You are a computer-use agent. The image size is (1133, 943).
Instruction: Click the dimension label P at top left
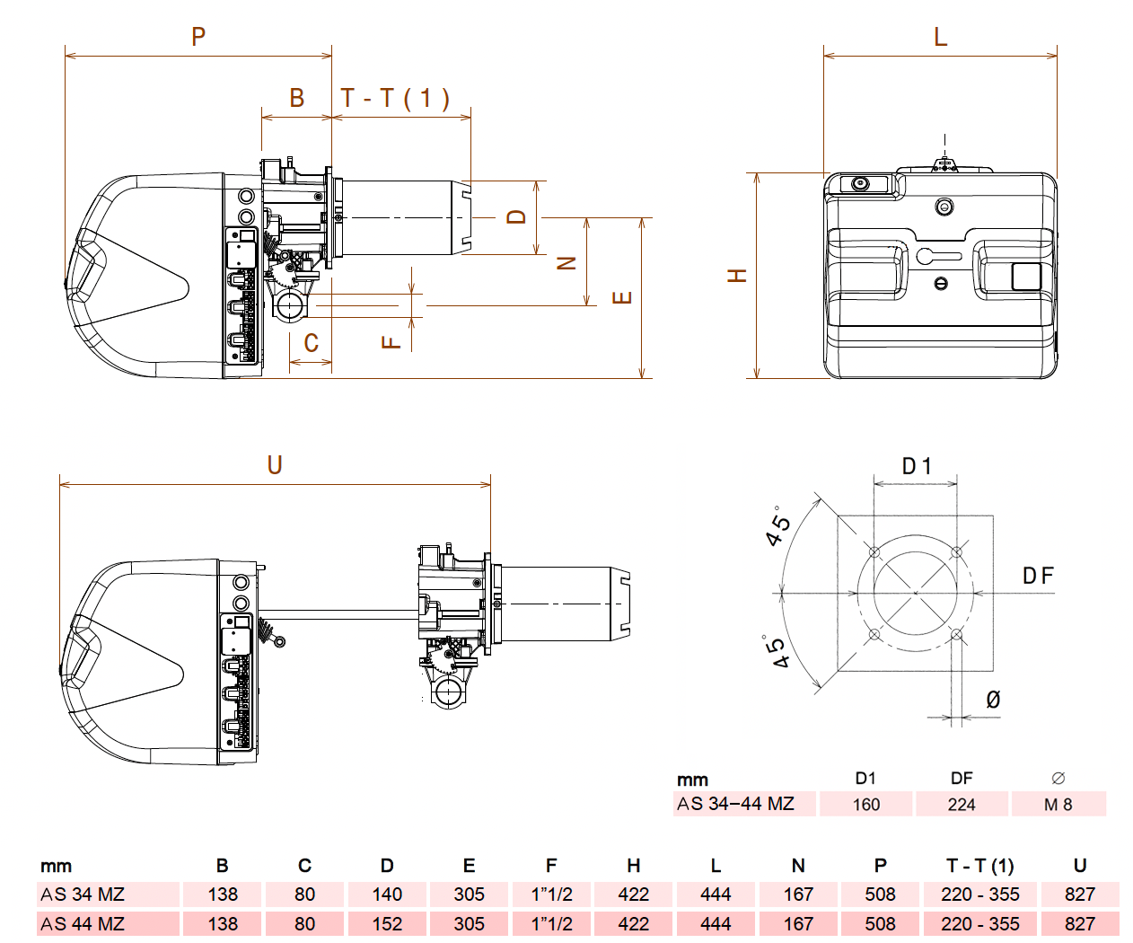198,36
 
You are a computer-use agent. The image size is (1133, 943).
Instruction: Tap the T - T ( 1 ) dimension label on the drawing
395,98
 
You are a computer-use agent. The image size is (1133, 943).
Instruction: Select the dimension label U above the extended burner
275,464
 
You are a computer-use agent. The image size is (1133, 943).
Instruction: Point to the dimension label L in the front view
940,36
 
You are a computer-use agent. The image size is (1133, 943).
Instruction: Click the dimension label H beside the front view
737,275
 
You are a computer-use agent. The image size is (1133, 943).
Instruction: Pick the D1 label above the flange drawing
917,466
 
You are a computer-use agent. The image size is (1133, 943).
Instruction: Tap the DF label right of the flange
1038,576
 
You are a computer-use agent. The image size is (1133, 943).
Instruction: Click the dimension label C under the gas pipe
311,343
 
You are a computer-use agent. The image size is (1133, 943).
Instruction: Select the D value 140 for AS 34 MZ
387,895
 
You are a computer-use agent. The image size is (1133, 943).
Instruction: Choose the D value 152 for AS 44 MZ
387,924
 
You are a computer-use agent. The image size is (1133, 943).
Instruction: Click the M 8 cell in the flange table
1058,805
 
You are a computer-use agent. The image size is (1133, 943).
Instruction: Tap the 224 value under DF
961,805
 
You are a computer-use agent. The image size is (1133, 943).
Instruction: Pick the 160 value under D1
865,805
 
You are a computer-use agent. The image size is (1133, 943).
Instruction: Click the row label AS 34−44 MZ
735,804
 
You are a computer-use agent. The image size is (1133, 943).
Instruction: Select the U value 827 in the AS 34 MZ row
1079,895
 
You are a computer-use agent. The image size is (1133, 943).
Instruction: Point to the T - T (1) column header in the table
979,866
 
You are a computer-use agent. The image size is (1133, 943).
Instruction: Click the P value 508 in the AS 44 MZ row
880,924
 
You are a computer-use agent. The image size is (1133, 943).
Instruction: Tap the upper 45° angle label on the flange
778,525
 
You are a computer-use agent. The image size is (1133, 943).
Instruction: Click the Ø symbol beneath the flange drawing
993,699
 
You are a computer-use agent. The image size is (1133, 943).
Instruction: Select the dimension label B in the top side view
296,98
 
